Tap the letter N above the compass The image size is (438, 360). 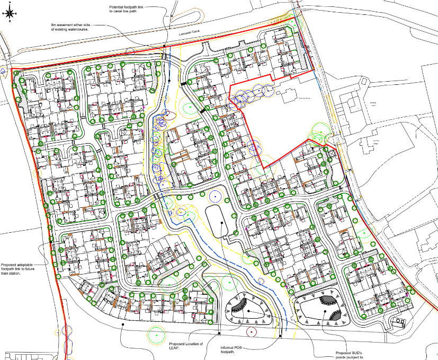click(x=10, y=3)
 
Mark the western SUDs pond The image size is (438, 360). click(x=249, y=310)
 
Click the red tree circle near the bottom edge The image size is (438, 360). click(x=252, y=332)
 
